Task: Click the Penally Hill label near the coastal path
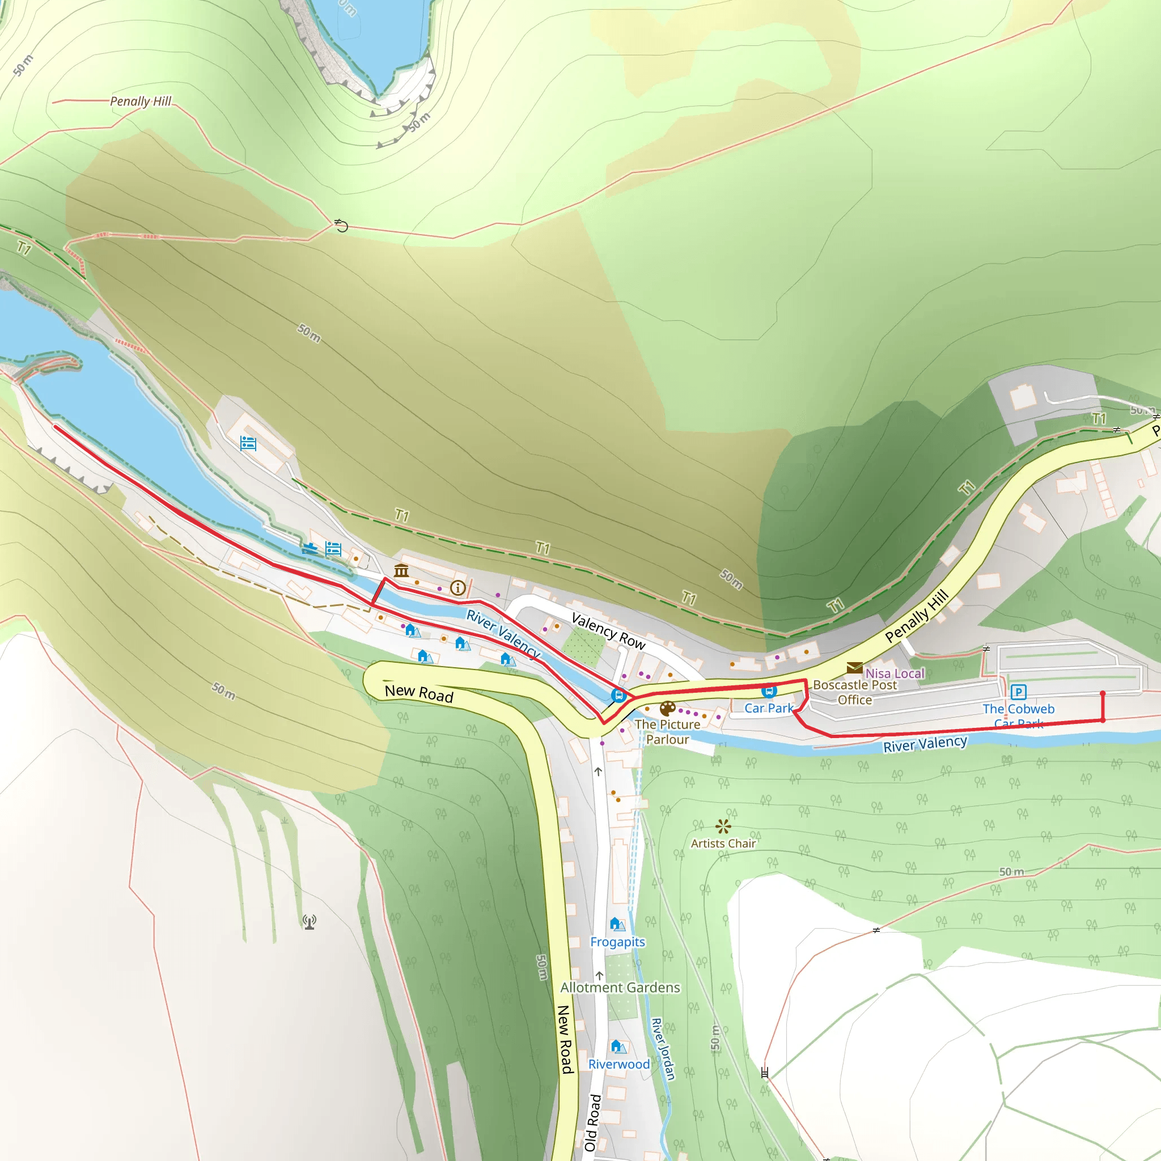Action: pos(141,101)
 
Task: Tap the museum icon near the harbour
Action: pos(401,570)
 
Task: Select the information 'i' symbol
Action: pos(458,588)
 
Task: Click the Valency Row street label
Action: pos(608,631)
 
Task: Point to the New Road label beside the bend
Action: pos(419,693)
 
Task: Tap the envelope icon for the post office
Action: pos(854,668)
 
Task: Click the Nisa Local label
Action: pos(895,673)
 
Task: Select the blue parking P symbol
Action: pos(1018,692)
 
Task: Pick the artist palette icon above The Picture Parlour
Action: pos(668,709)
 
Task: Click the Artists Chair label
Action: pos(723,843)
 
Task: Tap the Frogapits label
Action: pos(617,942)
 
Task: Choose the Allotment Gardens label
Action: pos(620,988)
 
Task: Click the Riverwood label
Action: pos(619,1064)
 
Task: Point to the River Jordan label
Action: pos(663,1049)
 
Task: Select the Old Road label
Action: pos(593,1122)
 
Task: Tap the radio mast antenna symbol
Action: pos(310,921)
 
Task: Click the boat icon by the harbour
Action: pos(310,548)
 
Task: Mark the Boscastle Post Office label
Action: pos(854,692)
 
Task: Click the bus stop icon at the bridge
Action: pos(618,695)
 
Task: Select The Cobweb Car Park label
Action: pos(1019,716)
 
